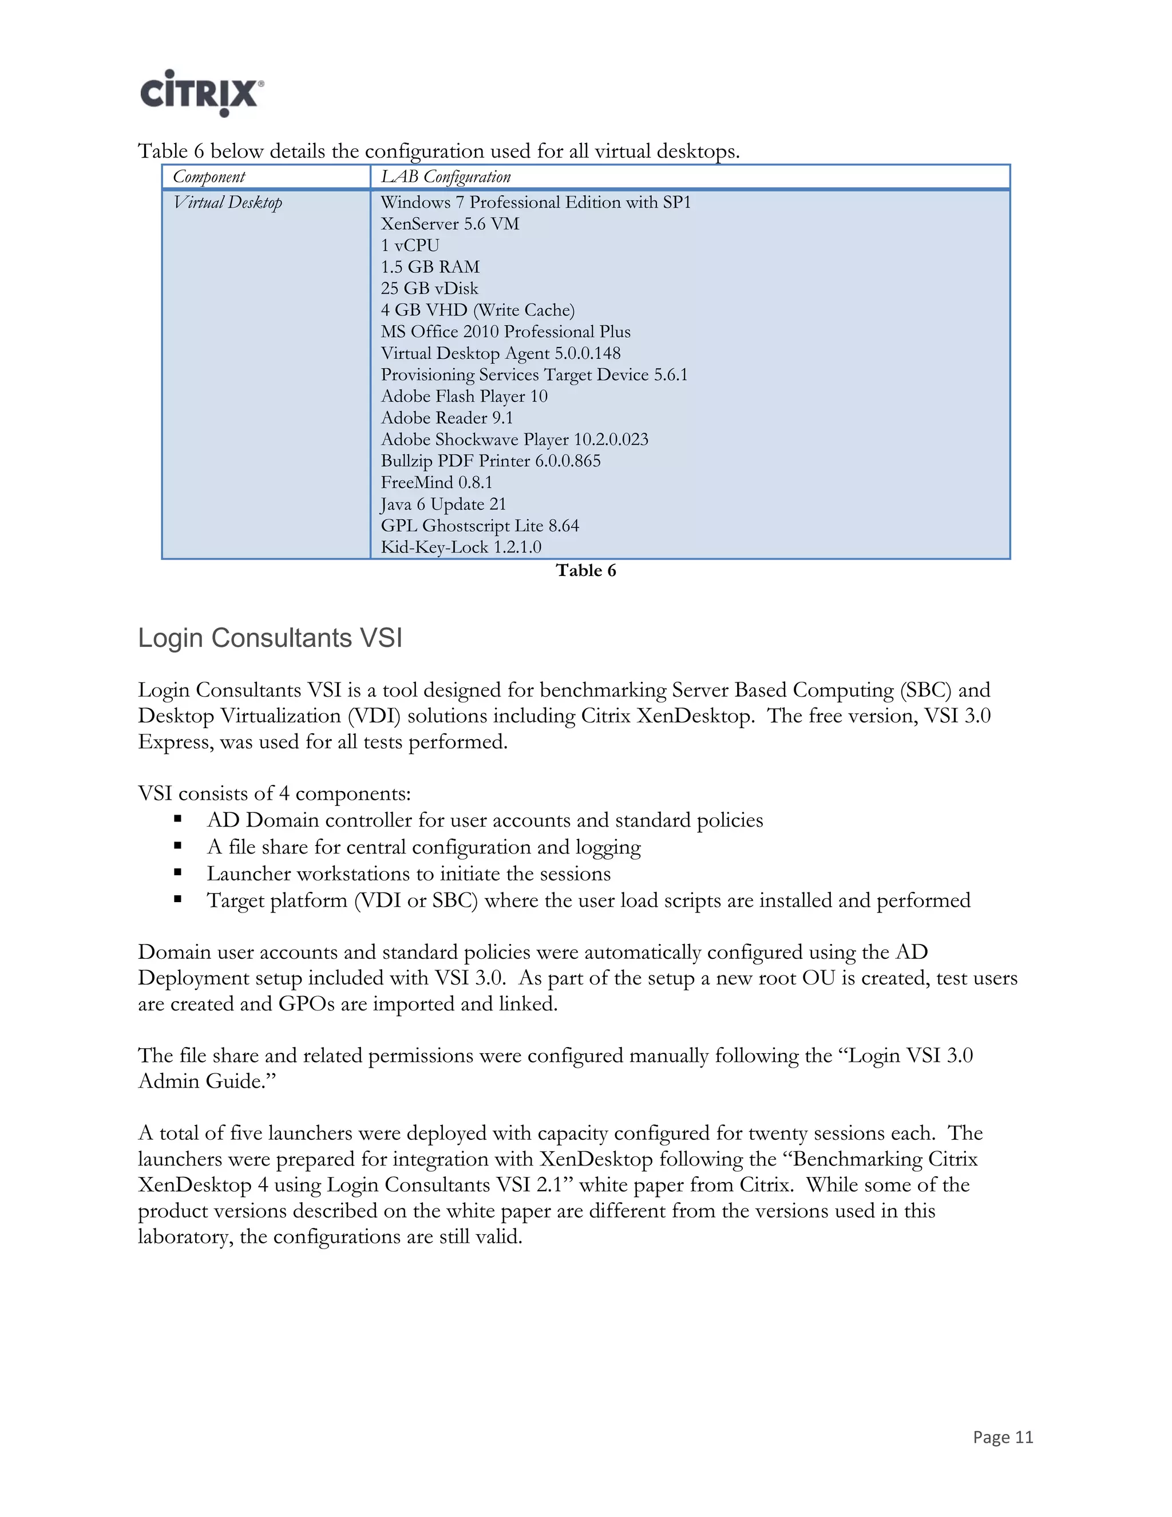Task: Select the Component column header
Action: (x=209, y=177)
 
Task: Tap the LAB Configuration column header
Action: (x=445, y=177)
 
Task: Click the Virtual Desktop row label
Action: (x=228, y=203)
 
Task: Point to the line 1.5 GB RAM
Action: (x=430, y=267)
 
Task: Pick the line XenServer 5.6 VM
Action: (x=449, y=224)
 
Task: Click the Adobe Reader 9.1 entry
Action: (x=446, y=418)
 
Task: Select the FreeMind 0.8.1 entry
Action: (x=436, y=483)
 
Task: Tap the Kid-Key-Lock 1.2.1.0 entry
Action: (x=460, y=547)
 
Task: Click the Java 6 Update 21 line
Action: (x=443, y=504)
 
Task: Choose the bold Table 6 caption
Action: (x=585, y=571)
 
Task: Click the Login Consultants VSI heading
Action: (x=270, y=638)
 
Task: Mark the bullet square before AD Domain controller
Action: (x=178, y=820)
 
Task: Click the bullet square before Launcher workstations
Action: (x=178, y=873)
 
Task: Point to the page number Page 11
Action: (x=1003, y=1437)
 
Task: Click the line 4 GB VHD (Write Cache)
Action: (x=477, y=310)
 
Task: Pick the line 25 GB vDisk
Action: (x=429, y=289)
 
